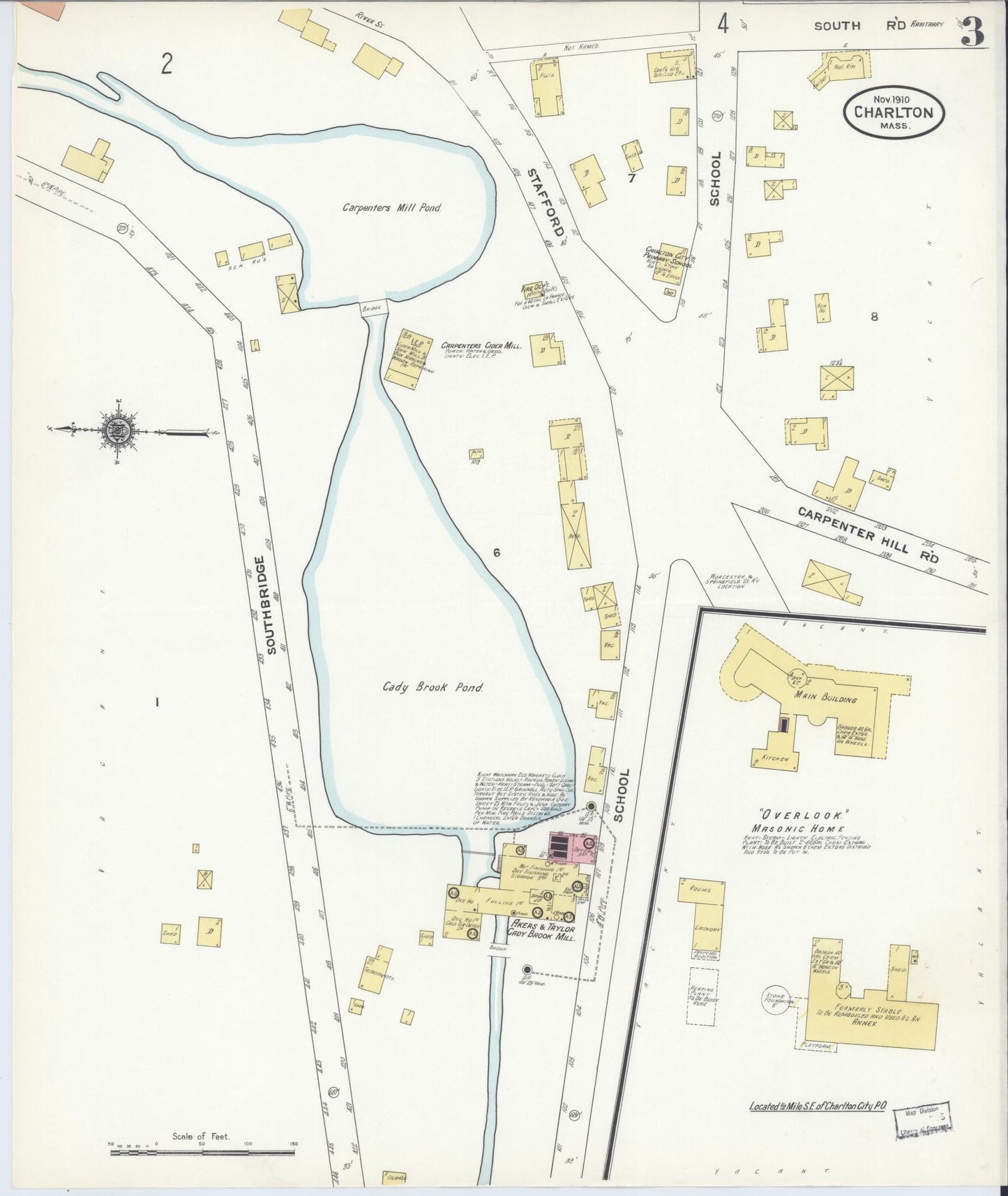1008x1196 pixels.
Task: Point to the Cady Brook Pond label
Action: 432,687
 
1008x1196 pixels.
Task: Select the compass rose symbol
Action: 114,431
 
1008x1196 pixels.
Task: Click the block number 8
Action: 873,316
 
